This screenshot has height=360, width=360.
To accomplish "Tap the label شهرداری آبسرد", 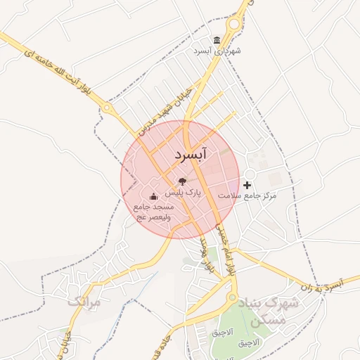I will click(x=217, y=51).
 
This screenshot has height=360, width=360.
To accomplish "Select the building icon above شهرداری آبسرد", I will click(x=217, y=40).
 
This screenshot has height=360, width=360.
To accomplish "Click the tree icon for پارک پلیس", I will click(x=183, y=181).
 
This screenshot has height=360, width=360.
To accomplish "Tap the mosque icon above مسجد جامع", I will click(x=153, y=197).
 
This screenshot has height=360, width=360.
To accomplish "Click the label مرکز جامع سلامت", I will click(x=247, y=195).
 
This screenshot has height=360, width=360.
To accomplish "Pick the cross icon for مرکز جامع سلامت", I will click(x=246, y=184).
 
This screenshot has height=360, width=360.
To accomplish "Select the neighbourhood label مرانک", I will click(x=85, y=302).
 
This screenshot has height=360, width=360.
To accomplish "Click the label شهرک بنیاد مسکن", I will click(x=269, y=311).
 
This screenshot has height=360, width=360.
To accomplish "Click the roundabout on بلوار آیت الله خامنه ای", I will click(x=106, y=108).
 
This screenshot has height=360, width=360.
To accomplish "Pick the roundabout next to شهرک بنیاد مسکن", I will click(x=231, y=298).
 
